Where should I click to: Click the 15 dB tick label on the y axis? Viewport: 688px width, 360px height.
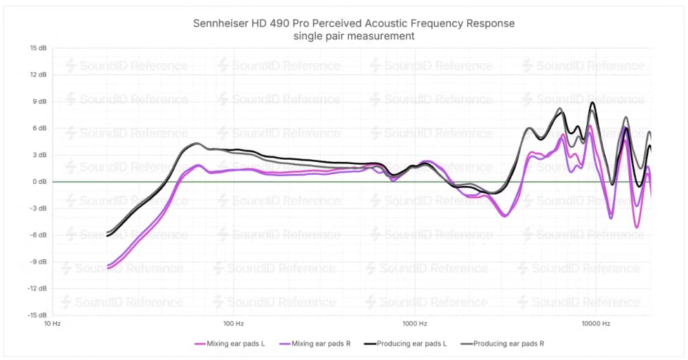point(37,48)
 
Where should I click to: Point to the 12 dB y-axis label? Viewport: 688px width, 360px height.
point(37,75)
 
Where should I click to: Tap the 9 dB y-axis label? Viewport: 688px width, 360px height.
point(39,102)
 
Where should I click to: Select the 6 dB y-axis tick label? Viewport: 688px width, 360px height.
point(39,129)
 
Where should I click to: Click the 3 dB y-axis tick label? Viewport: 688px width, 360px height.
point(39,155)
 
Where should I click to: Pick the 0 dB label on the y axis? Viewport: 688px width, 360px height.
point(39,182)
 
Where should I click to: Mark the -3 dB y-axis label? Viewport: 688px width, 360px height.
point(38,209)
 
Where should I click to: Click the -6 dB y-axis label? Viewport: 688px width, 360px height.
point(38,235)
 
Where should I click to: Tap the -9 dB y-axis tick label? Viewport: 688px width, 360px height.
point(38,262)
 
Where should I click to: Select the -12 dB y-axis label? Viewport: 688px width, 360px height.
point(36,288)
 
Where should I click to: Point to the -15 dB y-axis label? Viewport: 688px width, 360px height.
point(36,315)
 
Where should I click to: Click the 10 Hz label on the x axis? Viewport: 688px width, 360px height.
point(53,323)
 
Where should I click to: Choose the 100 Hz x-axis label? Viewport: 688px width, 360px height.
point(233,323)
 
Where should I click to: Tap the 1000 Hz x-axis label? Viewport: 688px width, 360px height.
point(413,323)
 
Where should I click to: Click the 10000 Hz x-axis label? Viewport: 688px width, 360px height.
point(593,323)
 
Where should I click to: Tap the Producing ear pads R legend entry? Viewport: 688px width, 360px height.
point(506,343)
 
